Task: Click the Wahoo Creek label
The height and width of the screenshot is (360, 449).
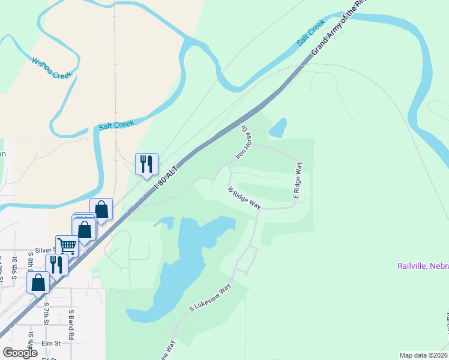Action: [x=52, y=68]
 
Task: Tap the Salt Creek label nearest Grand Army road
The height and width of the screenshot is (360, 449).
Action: [x=310, y=32]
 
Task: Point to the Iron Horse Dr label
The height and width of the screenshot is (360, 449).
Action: [x=243, y=142]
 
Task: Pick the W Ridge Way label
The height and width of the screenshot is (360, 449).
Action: [x=244, y=197]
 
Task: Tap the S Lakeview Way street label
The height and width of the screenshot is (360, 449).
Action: [x=210, y=298]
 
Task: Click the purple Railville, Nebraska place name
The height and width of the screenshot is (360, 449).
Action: [x=423, y=266]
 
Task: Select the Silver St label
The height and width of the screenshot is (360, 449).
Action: [x=46, y=250]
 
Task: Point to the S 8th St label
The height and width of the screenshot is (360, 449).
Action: [x=31, y=263]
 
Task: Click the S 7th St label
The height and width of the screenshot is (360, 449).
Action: [x=46, y=313]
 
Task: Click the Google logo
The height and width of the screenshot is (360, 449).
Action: [x=20, y=353]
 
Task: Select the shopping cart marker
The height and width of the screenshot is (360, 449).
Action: [x=67, y=244]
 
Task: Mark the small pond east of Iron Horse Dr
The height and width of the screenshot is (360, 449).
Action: [x=278, y=128]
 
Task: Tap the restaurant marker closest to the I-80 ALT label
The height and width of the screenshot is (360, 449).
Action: [x=146, y=163]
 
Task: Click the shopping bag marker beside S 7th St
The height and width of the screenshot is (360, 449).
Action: [x=38, y=282]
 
